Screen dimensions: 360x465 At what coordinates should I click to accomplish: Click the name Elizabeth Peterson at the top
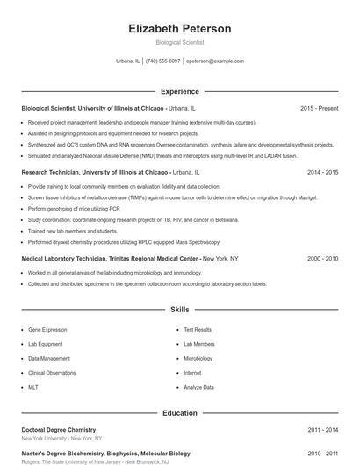[x=179, y=29]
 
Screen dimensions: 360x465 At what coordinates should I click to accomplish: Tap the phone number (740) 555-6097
[x=162, y=61]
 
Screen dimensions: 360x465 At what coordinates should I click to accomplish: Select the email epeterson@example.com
[x=215, y=61]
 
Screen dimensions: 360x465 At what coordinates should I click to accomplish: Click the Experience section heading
[x=179, y=91]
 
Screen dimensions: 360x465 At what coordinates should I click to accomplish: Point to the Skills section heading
[x=179, y=310]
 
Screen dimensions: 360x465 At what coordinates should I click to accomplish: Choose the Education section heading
[x=179, y=412]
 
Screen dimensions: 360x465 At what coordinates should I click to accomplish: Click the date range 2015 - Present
[x=319, y=108]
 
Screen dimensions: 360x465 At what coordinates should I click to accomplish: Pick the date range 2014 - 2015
[x=322, y=173]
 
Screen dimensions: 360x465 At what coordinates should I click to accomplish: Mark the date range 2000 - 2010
[x=322, y=259]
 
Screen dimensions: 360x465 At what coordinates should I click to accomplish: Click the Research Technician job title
[x=95, y=173]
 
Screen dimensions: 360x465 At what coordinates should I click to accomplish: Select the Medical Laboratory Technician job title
[x=111, y=259]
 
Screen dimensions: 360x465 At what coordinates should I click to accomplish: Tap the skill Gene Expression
[x=47, y=330]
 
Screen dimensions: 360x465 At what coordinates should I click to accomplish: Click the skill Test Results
[x=198, y=330]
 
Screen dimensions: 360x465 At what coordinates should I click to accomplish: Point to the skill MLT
[x=33, y=387]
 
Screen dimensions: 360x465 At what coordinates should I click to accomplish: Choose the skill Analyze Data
[x=198, y=387]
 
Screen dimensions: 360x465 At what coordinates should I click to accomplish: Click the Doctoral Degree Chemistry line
[x=58, y=430]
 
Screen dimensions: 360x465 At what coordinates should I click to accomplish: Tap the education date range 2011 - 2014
[x=322, y=430]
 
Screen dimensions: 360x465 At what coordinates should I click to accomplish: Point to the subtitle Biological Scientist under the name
[x=179, y=42]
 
